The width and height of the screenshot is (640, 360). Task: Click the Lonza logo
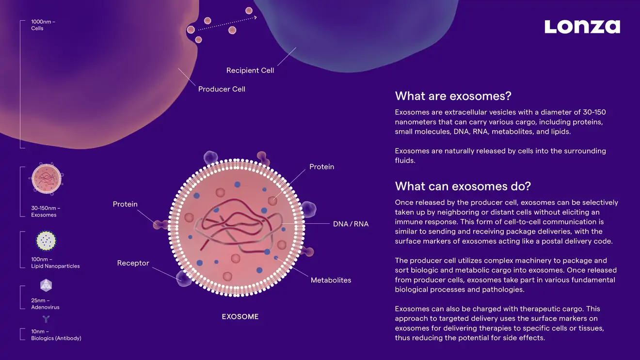582,27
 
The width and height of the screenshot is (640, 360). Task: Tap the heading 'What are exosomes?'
453,96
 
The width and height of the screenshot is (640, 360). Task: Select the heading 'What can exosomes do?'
463,186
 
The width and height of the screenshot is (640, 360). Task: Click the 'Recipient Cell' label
250,70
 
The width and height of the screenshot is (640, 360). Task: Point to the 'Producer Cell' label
222,89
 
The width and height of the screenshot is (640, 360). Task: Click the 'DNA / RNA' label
351,224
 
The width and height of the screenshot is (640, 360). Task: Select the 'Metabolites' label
331,280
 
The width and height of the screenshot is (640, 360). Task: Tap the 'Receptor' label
133,263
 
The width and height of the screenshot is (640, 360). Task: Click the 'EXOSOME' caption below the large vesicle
240,316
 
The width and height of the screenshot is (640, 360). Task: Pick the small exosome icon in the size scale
46,179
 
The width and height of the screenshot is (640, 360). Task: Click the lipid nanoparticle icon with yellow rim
46,241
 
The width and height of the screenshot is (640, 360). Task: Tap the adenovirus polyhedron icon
46,285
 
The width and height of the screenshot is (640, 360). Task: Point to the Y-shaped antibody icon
46,319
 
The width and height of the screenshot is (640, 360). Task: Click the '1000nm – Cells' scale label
43,25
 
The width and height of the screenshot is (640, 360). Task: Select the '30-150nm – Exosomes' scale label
46,211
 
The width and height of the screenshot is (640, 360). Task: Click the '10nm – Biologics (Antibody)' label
56,335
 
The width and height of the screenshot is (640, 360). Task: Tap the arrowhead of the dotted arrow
255,18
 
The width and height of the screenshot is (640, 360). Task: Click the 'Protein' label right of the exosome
322,167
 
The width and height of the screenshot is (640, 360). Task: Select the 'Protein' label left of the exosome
125,204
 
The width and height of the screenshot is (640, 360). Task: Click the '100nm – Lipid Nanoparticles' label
55,263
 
